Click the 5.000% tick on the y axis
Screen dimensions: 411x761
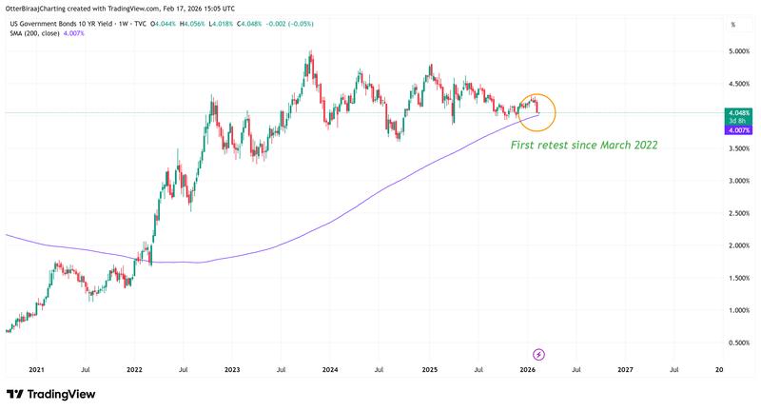pos(738,51)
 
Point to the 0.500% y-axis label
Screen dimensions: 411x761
pos(738,342)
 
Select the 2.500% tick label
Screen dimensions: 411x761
pos(738,213)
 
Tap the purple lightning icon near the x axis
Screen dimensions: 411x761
pos(537,353)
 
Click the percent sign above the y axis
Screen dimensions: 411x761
pos(733,24)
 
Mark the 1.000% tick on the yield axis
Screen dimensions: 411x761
pos(738,310)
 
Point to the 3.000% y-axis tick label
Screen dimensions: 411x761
pos(738,181)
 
